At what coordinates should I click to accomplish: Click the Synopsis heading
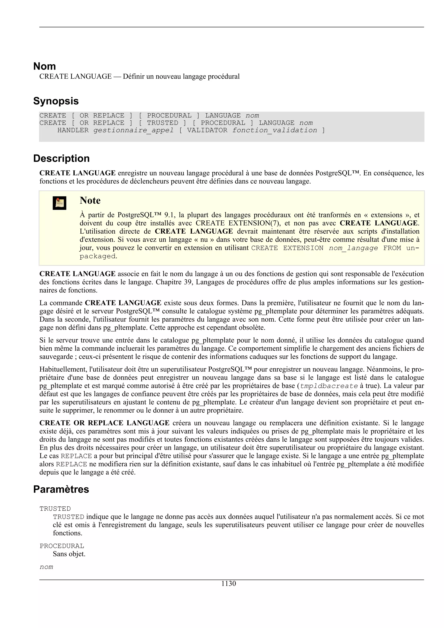click(56, 101)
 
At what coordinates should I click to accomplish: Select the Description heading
click(61, 158)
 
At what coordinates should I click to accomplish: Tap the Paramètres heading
click(61, 489)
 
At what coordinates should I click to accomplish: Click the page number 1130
click(229, 583)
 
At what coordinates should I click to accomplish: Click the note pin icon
click(59, 203)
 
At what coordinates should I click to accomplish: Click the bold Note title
click(90, 200)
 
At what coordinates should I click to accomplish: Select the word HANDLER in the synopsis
click(73, 130)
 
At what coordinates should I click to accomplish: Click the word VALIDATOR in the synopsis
click(207, 130)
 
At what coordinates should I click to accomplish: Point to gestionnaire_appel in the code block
click(133, 130)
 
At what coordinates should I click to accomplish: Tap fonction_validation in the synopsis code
click(274, 130)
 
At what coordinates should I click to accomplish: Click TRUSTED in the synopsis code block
click(163, 123)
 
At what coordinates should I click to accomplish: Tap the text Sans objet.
click(69, 554)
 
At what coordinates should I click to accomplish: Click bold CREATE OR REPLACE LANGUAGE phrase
click(104, 423)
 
